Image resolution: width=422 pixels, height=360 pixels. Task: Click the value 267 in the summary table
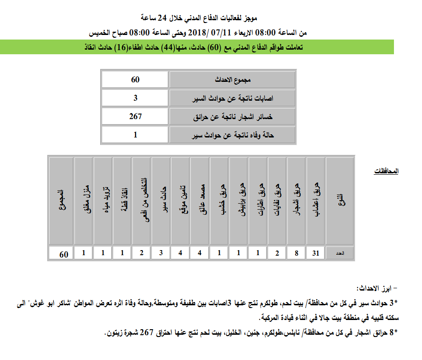pyautogui.click(x=135, y=117)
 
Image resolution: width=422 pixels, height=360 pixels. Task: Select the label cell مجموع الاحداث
pyautogui.click(x=232, y=80)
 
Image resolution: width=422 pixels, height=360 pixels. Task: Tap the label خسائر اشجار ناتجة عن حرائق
pyautogui.click(x=232, y=117)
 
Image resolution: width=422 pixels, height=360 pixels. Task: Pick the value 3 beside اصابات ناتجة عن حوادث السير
pyautogui.click(x=135, y=98)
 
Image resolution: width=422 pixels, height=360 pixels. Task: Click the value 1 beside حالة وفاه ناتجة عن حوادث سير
pyautogui.click(x=135, y=135)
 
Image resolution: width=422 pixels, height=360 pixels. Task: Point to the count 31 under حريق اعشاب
pyautogui.click(x=315, y=253)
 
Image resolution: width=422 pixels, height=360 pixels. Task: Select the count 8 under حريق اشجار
pyautogui.click(x=296, y=253)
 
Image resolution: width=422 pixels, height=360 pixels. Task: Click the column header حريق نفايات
pyautogui.click(x=277, y=201)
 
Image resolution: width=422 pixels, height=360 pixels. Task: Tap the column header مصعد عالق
pyautogui.click(x=200, y=201)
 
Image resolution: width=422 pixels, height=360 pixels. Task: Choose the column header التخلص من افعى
pyautogui.click(x=142, y=201)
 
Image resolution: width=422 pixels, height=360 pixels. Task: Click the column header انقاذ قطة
pyautogui.click(x=122, y=201)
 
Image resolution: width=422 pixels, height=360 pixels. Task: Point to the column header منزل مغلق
pyautogui.click(x=84, y=201)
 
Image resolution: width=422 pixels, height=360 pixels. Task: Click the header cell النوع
pyautogui.click(x=340, y=201)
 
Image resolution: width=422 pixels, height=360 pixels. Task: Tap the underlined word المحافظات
pyautogui.click(x=386, y=171)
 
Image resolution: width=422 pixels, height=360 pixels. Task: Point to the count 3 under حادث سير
pyautogui.click(x=161, y=253)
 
